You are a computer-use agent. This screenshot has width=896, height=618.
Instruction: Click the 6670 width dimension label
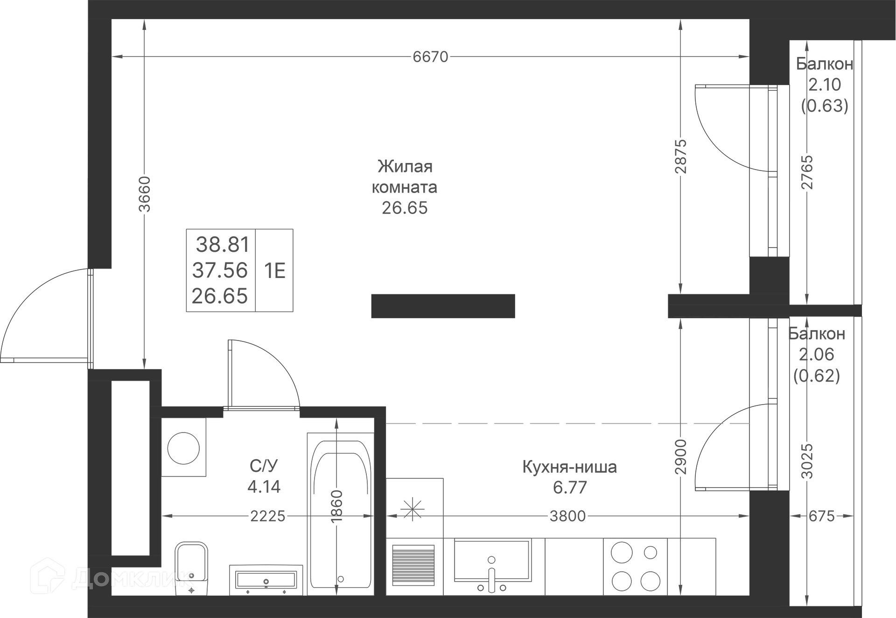coord(430,57)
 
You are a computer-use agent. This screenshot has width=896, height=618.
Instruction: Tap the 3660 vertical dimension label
coord(145,194)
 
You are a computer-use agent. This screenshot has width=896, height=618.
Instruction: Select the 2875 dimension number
coord(681,156)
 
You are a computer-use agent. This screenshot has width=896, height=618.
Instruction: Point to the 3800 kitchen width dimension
coord(567,516)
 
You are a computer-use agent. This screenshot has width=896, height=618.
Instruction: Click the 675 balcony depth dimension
coord(821,516)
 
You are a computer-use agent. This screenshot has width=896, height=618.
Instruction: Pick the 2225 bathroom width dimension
coord(267,516)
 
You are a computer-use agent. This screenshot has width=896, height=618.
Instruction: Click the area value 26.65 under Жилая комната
coord(405,208)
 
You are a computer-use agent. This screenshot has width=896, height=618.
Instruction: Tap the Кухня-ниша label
coord(569,467)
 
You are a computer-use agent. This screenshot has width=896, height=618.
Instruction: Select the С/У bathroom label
coord(264,466)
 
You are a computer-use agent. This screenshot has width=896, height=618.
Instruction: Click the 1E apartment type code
coord(275,270)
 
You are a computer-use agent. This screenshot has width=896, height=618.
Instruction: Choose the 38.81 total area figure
coord(223,244)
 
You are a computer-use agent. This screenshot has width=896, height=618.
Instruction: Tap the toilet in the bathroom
coord(191,568)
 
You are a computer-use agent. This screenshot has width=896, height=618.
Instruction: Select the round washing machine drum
coord(183,448)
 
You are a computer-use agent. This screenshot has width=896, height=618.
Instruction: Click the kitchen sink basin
coord(492,561)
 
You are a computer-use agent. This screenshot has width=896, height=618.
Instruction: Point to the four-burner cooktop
coord(635,567)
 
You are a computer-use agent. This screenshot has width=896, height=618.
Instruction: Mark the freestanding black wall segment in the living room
coord(443,306)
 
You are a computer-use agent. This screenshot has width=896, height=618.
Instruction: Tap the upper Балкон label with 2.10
coord(825,64)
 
